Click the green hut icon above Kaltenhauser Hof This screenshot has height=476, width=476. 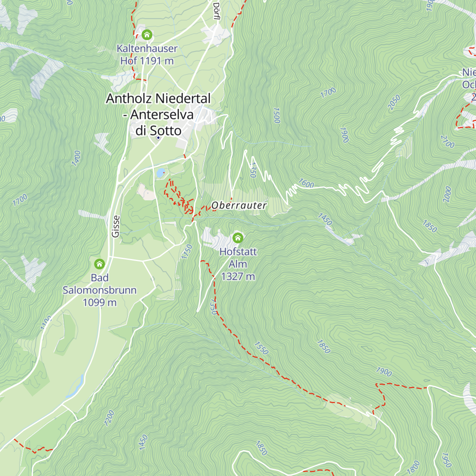click(147, 35)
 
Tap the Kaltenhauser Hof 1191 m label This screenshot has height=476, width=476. click(147, 54)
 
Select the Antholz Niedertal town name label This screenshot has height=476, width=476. click(158, 114)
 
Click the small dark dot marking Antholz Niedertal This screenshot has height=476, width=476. click(158, 138)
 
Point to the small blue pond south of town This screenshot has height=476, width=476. click(160, 173)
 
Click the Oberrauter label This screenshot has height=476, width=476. click(239, 205)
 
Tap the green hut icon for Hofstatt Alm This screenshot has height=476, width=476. click(238, 238)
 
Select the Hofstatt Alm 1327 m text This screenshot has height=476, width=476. click(238, 264)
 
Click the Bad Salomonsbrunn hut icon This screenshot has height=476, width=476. click(99, 264)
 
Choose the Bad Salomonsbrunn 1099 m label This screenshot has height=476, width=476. click(100, 290)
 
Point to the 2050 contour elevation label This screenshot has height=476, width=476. click(394, 102)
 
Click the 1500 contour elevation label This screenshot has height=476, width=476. click(276, 115)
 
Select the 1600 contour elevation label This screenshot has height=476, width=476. click(306, 183)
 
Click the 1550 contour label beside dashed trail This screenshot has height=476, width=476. click(261, 348)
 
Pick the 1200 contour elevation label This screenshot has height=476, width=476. click(109, 418)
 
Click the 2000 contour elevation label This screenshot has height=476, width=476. click(447, 194)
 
